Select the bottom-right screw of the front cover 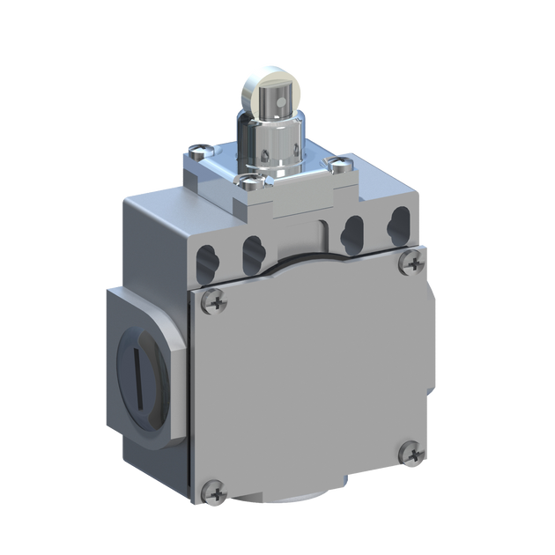coord(411,455)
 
